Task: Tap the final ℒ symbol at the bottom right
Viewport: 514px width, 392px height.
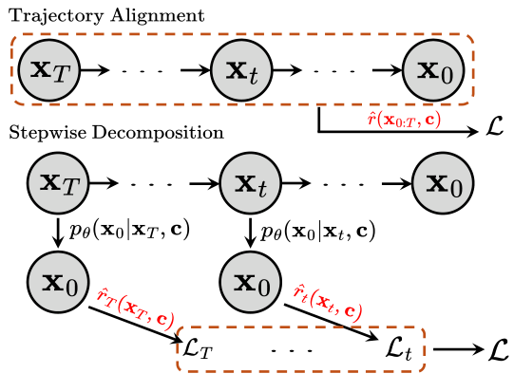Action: pyautogui.click(x=497, y=349)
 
